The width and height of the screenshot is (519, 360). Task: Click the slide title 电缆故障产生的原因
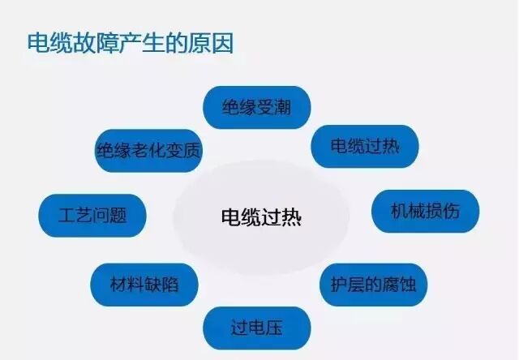tap(131, 43)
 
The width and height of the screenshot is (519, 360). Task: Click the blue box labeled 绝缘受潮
tap(256, 106)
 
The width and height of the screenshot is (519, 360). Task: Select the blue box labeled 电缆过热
tap(364, 147)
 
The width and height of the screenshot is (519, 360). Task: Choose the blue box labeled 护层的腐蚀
tap(373, 284)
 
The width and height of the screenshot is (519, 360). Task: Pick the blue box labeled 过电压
tap(257, 328)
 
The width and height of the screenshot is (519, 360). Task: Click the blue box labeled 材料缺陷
tap(143, 284)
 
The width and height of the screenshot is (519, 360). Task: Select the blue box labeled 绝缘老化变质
tap(148, 151)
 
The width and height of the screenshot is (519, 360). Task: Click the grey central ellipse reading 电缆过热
tap(261, 217)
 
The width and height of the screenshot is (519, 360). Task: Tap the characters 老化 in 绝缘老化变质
tap(148, 151)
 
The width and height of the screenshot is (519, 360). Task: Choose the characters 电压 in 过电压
tap(266, 328)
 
